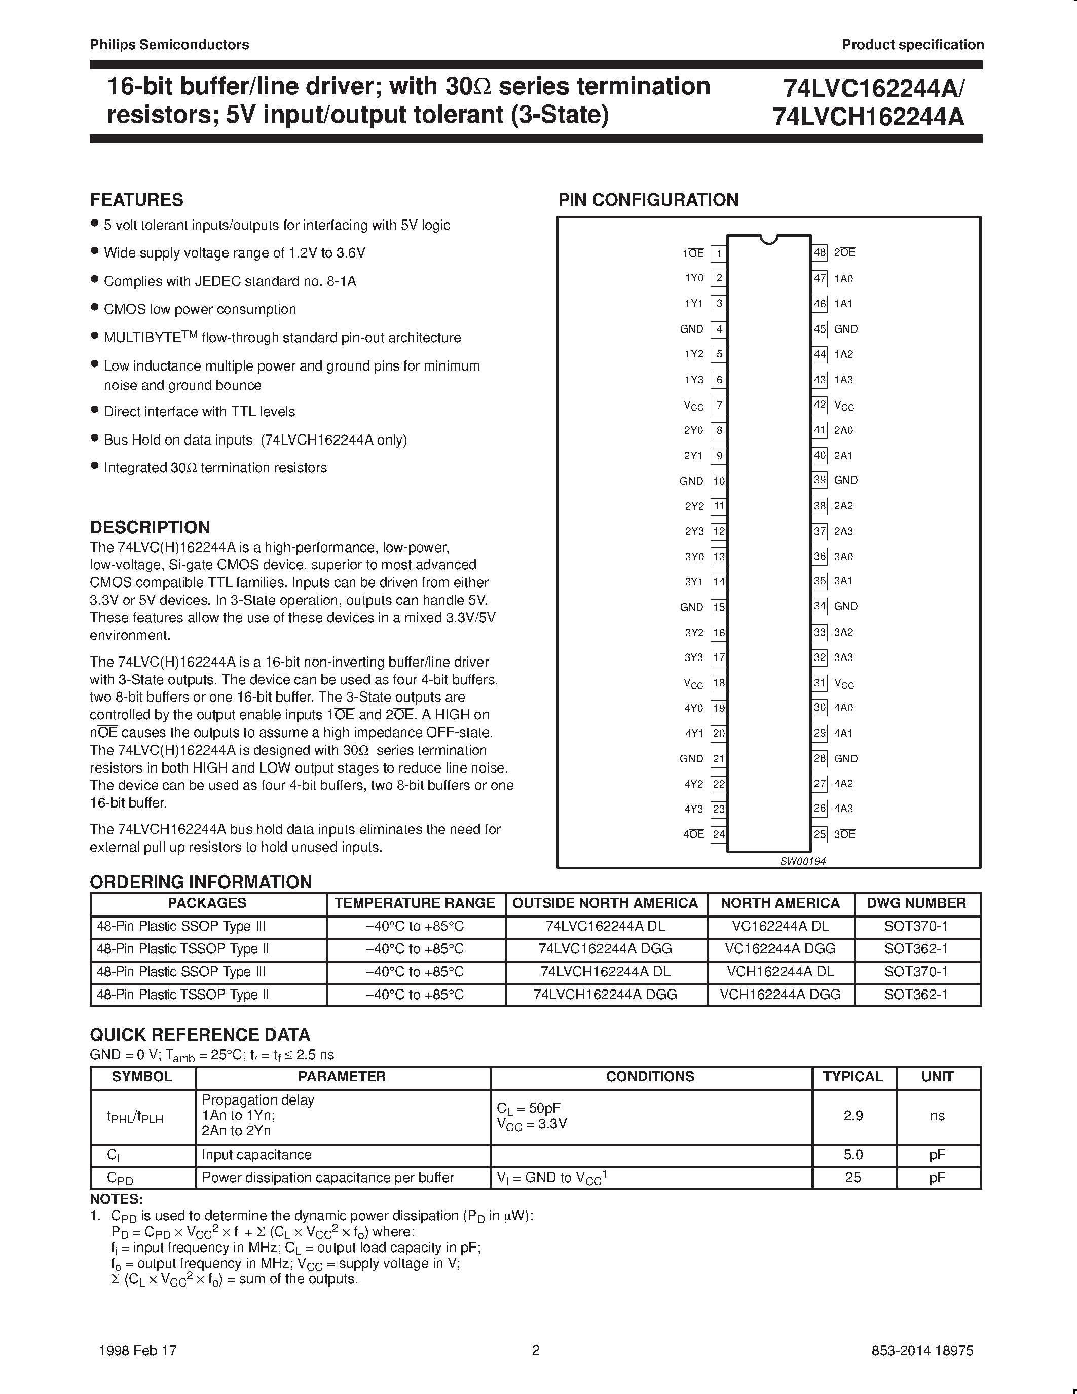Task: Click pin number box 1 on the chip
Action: click(719, 253)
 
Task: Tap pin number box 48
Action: click(820, 253)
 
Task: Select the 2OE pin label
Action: click(845, 253)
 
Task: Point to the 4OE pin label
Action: click(693, 834)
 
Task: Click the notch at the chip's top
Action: click(769, 239)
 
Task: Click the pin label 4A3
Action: click(843, 809)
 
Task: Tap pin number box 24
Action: click(719, 834)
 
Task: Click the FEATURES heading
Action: click(136, 200)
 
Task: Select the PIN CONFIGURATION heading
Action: click(648, 200)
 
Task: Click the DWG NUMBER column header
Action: click(916, 903)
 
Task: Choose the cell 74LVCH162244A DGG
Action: click(605, 995)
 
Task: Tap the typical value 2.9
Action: click(853, 1116)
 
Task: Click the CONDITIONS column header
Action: click(650, 1076)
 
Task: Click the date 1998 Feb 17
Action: click(138, 1350)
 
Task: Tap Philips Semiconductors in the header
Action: click(169, 45)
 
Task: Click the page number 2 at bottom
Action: click(536, 1350)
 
